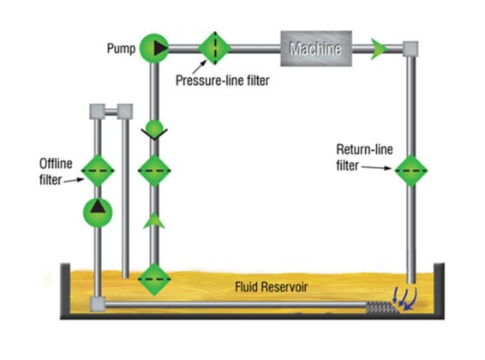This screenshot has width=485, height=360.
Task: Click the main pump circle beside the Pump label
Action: coord(154,48)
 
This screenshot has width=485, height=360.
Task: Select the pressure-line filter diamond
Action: coord(214,48)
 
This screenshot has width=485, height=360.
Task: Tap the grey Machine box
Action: coord(316,49)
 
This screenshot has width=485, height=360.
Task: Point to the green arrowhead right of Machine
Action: coord(379,49)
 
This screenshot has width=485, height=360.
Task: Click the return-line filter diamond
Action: coord(411,171)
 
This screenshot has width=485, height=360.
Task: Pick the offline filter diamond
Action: coord(98,171)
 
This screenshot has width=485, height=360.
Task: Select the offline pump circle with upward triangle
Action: coord(98,213)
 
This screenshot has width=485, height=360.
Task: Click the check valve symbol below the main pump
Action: coord(154,130)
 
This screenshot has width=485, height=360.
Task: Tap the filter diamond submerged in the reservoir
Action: coord(154,279)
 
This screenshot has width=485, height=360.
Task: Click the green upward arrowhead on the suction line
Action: coord(154,221)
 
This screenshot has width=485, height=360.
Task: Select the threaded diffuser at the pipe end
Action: coord(381,308)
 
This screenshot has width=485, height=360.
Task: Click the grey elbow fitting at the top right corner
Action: coord(410,49)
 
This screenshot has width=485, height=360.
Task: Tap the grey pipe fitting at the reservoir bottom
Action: coord(98,304)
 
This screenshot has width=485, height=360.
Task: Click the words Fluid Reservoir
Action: coord(272,287)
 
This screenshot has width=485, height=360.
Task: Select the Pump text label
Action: coord(122,49)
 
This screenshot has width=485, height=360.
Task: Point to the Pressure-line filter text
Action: coord(223,81)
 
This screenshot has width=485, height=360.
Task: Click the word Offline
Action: coord(56,164)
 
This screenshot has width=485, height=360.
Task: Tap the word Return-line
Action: coord(364,149)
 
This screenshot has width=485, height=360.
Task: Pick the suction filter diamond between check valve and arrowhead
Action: coord(154,171)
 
